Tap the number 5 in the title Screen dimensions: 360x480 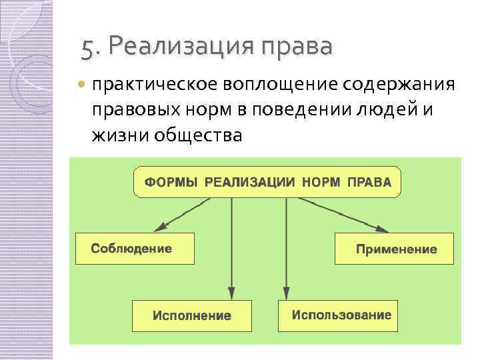click(87, 47)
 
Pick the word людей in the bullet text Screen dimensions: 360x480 click(391, 109)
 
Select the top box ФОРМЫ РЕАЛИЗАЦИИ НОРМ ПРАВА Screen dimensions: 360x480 click(267, 182)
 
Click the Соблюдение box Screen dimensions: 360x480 click(135, 249)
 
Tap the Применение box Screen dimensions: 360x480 click(393, 249)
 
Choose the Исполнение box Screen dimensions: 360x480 click(192, 315)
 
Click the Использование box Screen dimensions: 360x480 click(339, 315)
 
